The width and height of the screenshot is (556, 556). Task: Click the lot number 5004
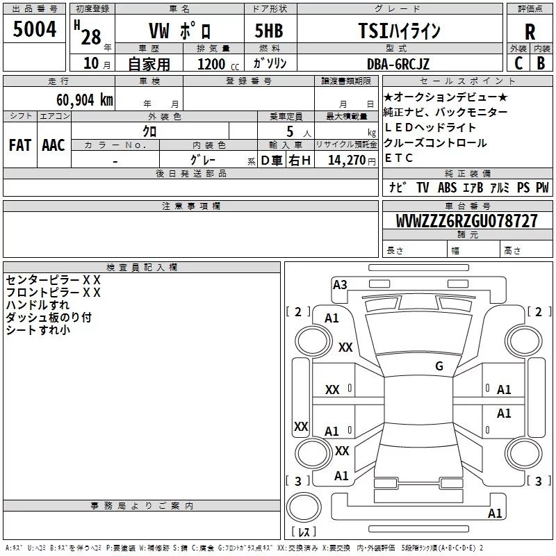click(34, 28)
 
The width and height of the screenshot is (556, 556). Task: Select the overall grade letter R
click(530, 32)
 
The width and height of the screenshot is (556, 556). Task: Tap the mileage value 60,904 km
click(84, 99)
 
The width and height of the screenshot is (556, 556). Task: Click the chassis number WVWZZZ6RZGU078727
click(466, 220)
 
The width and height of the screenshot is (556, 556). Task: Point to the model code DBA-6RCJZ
click(398, 64)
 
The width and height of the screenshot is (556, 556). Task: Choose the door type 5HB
click(269, 31)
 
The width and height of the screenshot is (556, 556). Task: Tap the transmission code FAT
click(20, 145)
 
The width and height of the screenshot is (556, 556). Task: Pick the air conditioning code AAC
click(54, 145)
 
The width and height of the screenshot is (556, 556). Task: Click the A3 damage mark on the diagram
click(340, 285)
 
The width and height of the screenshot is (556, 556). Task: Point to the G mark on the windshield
click(439, 366)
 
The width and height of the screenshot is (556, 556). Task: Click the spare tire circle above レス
click(304, 507)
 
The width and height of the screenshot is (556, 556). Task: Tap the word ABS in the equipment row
click(447, 188)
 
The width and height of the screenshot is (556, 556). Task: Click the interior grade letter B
click(541, 63)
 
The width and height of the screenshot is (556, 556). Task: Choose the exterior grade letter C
click(518, 63)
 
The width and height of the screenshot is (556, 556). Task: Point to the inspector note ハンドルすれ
click(38, 305)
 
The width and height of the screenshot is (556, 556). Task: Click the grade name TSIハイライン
click(399, 31)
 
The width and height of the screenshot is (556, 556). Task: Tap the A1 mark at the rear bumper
click(495, 513)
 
